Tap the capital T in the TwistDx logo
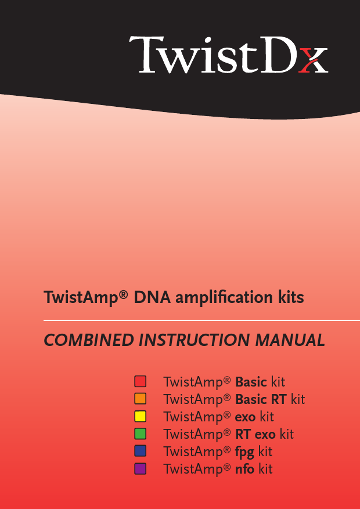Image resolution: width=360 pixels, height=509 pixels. tap(145, 55)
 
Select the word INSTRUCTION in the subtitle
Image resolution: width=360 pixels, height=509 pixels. tap(195, 340)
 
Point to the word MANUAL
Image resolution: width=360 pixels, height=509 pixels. tap(290, 340)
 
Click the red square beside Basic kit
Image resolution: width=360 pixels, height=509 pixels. tap(140, 381)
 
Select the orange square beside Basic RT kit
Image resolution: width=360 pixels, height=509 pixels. tap(140, 399)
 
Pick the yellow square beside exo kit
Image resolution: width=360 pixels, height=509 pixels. tap(140, 416)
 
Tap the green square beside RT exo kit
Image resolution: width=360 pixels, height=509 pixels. tap(140, 434)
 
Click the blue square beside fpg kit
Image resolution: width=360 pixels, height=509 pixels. tap(140, 451)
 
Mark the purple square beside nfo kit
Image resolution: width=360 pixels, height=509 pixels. tap(140, 468)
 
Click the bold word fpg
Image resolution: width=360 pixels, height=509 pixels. tap(244, 452)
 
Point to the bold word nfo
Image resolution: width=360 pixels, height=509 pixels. tap(244, 469)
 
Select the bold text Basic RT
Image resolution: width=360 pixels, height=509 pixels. tap(261, 399)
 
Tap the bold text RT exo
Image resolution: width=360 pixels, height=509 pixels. tap(255, 434)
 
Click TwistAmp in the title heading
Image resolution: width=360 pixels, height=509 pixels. tap(81, 298)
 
